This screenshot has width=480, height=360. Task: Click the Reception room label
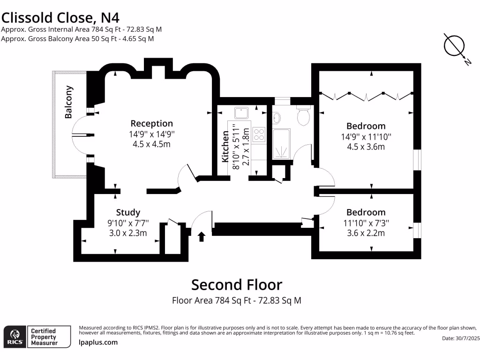pos(151,124)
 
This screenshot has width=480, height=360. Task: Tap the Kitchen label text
pos(225,147)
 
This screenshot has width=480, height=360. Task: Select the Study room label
pos(128,212)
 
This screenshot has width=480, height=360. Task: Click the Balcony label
pos(69,102)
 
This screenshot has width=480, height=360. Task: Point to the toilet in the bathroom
pos(303,116)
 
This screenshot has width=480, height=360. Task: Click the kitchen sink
pos(242,113)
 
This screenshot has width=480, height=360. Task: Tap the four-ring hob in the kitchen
pos(259,135)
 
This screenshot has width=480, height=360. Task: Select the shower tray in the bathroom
pos(281,143)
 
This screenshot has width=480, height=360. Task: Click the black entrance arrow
pos(202,236)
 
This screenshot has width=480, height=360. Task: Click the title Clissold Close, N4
pos(60,18)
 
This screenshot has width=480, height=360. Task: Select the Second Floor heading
pos(237,285)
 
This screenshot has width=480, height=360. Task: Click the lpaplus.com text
pos(98,342)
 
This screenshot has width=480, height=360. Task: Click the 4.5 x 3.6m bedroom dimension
pos(366,147)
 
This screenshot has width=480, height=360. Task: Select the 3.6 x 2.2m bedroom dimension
pos(366,233)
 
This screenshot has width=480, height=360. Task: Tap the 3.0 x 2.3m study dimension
pos(128,233)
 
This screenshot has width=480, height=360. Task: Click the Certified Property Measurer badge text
pos(43,337)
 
